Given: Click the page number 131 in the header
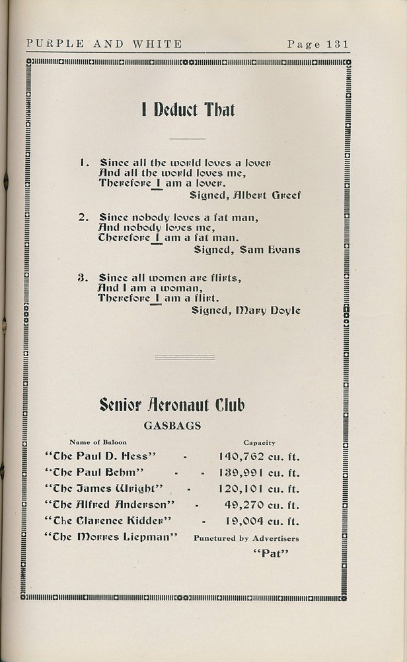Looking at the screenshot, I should [x=334, y=44].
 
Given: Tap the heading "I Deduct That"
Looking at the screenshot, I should [x=188, y=110].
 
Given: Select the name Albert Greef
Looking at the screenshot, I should [x=274, y=195].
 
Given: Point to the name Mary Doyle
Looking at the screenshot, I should [x=273, y=310].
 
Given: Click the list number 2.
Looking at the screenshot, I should [x=83, y=217].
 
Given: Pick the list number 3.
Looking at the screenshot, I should [x=83, y=277].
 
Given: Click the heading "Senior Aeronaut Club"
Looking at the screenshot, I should [x=172, y=404].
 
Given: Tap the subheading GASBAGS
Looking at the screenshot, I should [x=172, y=426].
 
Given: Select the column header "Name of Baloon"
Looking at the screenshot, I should [x=98, y=442].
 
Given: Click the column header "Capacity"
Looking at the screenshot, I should [x=259, y=442].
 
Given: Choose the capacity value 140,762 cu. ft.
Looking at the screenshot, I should [x=259, y=456].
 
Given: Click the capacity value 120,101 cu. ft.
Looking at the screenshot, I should [x=259, y=489].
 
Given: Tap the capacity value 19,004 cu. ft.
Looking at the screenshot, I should [x=259, y=521].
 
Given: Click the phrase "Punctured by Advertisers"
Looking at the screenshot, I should [x=246, y=539].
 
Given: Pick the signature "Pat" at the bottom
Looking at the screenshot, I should [x=272, y=553].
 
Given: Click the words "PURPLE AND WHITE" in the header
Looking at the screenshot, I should [x=104, y=44].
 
